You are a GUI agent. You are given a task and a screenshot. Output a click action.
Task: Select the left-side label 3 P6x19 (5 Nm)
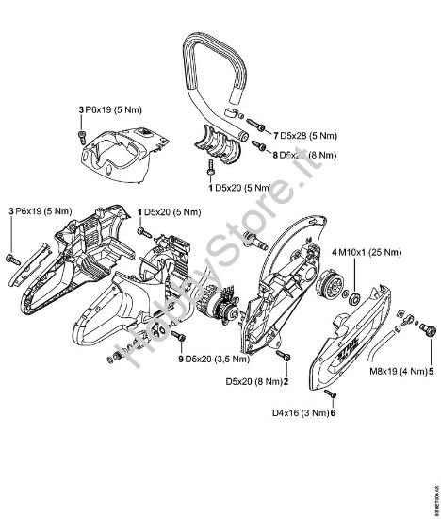tap(39, 213)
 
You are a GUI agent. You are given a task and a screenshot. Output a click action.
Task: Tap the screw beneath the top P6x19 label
tap(85, 138)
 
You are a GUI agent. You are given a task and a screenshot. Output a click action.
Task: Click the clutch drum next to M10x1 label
tap(334, 283)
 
